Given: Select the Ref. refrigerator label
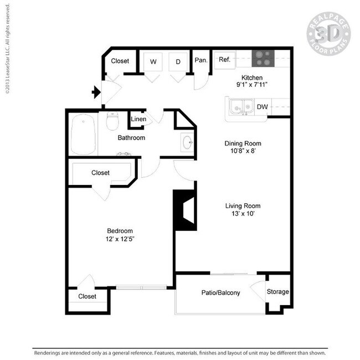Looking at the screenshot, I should pyautogui.click(x=224, y=60).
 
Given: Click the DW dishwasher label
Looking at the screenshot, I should pyautogui.click(x=263, y=106).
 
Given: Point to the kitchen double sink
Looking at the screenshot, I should pyautogui.click(x=241, y=105).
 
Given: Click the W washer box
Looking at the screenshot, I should pyautogui.click(x=152, y=61).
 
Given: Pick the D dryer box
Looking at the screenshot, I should pyautogui.click(x=178, y=61).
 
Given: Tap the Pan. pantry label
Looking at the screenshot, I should pyautogui.click(x=200, y=60).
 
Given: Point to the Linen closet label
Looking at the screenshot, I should pyautogui.click(x=138, y=119).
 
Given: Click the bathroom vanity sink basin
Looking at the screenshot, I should pyautogui.click(x=187, y=143).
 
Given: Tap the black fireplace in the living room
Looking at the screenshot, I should pyautogui.click(x=185, y=210).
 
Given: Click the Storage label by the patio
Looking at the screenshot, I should pyautogui.click(x=277, y=292).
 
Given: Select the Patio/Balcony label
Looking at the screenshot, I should pyautogui.click(x=220, y=292).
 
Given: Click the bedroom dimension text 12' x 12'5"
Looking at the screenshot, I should pyautogui.click(x=120, y=239).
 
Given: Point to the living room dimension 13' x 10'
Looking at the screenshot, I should pyautogui.click(x=243, y=214).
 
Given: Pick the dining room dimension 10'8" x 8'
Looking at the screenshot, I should pyautogui.click(x=243, y=151).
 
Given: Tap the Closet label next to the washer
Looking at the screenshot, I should pyautogui.click(x=120, y=61).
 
